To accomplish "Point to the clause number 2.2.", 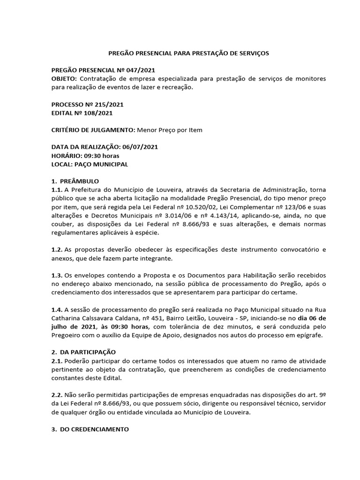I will click(56, 395).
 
